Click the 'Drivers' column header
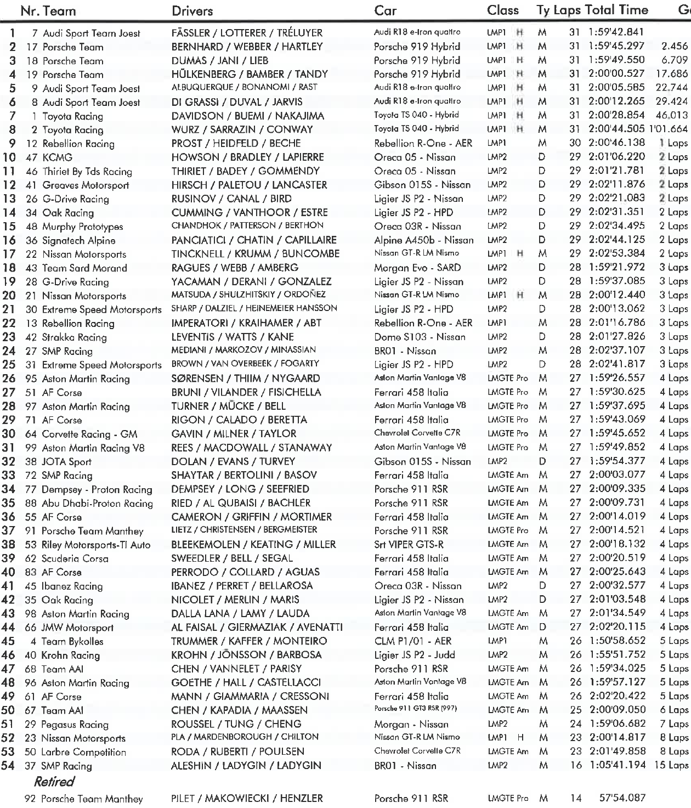[x=192, y=10]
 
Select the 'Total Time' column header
[x=616, y=10]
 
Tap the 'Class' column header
[x=502, y=10]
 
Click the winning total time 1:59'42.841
[x=616, y=33]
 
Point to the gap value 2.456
[x=675, y=47]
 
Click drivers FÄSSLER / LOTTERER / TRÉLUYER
[x=247, y=33]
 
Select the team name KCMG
[x=57, y=157]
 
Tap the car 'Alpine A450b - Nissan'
[x=423, y=240]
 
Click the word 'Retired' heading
[x=54, y=782]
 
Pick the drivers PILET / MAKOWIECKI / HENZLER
[x=247, y=798]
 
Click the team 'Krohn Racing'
[x=70, y=655]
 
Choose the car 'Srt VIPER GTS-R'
[x=409, y=545]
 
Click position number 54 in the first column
[x=8, y=765]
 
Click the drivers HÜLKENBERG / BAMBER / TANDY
[x=250, y=74]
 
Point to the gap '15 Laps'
[x=671, y=765]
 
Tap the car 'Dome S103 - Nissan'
[x=420, y=337]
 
